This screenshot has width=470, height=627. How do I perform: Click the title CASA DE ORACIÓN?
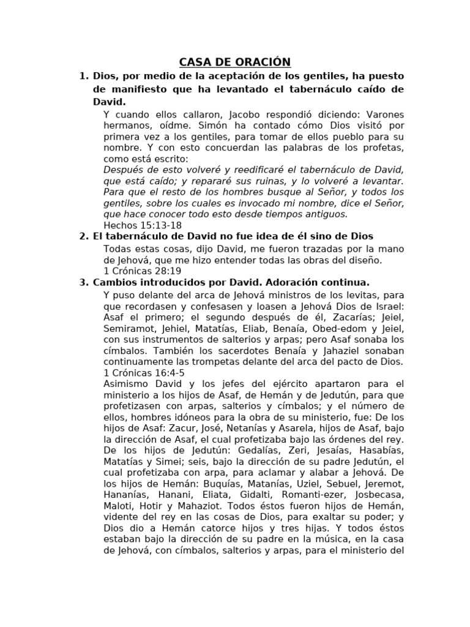(235, 62)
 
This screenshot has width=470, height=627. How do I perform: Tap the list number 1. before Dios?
(84, 76)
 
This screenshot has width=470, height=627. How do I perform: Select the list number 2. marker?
(84, 236)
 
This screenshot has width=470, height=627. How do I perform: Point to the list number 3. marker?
(84, 282)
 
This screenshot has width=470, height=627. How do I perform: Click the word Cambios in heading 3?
(114, 282)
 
